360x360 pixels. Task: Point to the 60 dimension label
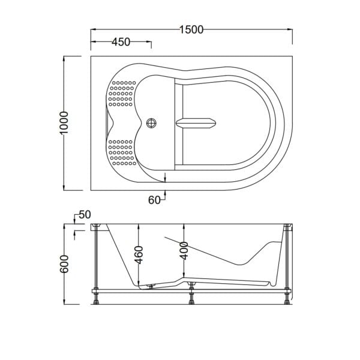pyautogui.click(x=154, y=200)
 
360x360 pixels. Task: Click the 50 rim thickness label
pyautogui.click(x=84, y=215)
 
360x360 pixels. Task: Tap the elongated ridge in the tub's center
pyautogui.click(x=197, y=124)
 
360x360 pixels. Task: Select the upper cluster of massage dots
pyautogui.click(x=121, y=95)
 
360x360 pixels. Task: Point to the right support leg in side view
pyautogui.click(x=290, y=264)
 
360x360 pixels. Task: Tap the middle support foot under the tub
pyautogui.click(x=191, y=297)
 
